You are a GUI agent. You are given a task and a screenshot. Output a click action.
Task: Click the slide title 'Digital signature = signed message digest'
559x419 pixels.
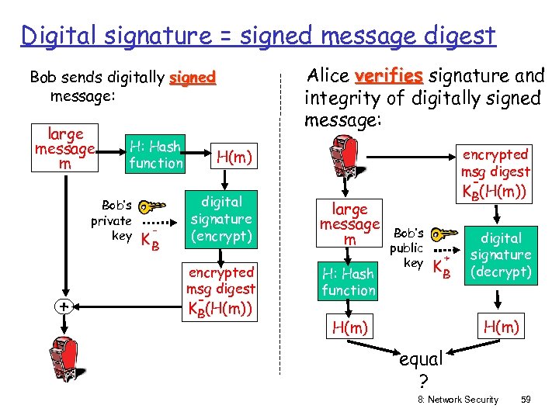click(258, 35)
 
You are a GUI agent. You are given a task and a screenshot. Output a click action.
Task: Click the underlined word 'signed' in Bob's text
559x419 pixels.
click(192, 78)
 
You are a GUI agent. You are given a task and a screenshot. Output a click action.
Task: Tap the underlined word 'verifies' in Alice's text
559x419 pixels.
click(387, 76)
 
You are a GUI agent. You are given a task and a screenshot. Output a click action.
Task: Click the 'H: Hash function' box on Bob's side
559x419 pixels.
click(155, 154)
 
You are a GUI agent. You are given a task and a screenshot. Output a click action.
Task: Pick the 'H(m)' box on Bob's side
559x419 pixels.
click(233, 158)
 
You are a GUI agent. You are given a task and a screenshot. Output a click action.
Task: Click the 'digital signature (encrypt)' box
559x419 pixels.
click(221, 219)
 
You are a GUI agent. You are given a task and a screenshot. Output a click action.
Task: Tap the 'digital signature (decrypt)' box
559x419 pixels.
click(501, 255)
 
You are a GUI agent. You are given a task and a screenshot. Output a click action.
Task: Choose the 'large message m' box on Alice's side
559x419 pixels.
click(349, 224)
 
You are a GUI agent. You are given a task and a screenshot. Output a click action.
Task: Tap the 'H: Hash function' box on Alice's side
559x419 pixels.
click(349, 282)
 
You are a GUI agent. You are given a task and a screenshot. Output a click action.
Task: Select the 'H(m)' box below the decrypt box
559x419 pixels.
click(502, 327)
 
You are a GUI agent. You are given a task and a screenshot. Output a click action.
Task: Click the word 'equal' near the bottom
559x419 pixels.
click(420, 359)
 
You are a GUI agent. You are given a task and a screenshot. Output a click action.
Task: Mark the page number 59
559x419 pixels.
click(526, 400)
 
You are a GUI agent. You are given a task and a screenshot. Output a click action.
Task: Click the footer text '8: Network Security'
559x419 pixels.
click(457, 400)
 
